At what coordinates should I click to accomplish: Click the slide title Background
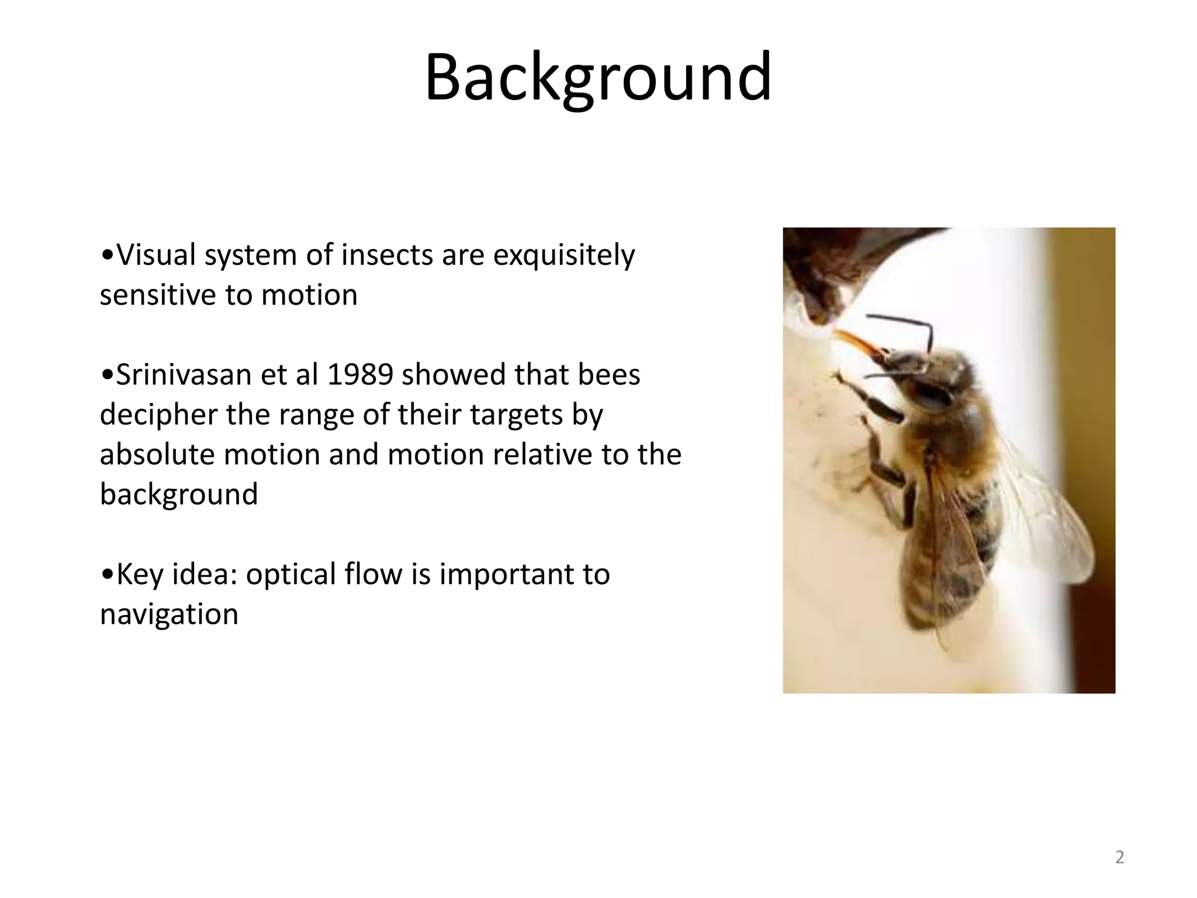(x=598, y=78)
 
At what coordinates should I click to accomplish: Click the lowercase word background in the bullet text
(x=179, y=495)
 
